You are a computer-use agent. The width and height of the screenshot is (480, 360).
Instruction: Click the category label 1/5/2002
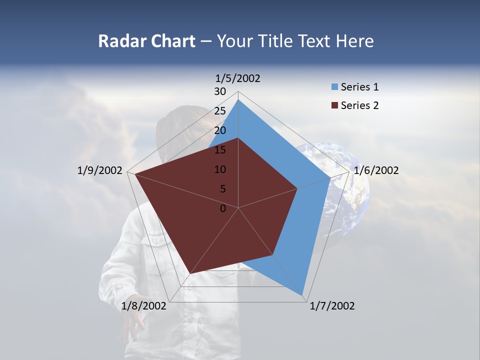click(238, 78)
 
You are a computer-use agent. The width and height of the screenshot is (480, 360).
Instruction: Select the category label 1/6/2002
click(376, 170)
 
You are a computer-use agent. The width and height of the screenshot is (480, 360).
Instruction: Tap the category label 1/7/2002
click(332, 306)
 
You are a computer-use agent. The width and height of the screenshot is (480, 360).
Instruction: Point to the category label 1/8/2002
click(144, 306)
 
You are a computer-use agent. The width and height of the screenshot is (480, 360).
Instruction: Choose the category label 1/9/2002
click(100, 170)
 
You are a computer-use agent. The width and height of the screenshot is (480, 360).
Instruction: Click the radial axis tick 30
click(220, 91)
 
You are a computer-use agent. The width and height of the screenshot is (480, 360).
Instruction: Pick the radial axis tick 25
click(220, 111)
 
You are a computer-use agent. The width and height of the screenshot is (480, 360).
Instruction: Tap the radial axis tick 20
click(220, 130)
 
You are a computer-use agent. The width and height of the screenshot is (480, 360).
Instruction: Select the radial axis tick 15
click(220, 150)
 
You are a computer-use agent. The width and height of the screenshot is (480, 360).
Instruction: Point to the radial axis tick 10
click(220, 169)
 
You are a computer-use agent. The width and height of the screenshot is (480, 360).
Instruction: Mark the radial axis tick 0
click(223, 208)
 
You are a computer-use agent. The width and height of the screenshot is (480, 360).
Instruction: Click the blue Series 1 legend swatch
click(334, 87)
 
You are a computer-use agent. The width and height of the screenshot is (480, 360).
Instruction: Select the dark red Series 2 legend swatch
click(334, 105)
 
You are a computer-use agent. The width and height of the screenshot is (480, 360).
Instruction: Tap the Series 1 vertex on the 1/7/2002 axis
click(302, 295)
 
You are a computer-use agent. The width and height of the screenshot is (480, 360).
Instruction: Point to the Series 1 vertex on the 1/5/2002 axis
click(238, 99)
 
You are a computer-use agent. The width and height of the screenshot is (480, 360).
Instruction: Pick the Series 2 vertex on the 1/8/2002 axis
click(190, 274)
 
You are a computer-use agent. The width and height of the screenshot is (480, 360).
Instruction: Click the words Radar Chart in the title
click(146, 41)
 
